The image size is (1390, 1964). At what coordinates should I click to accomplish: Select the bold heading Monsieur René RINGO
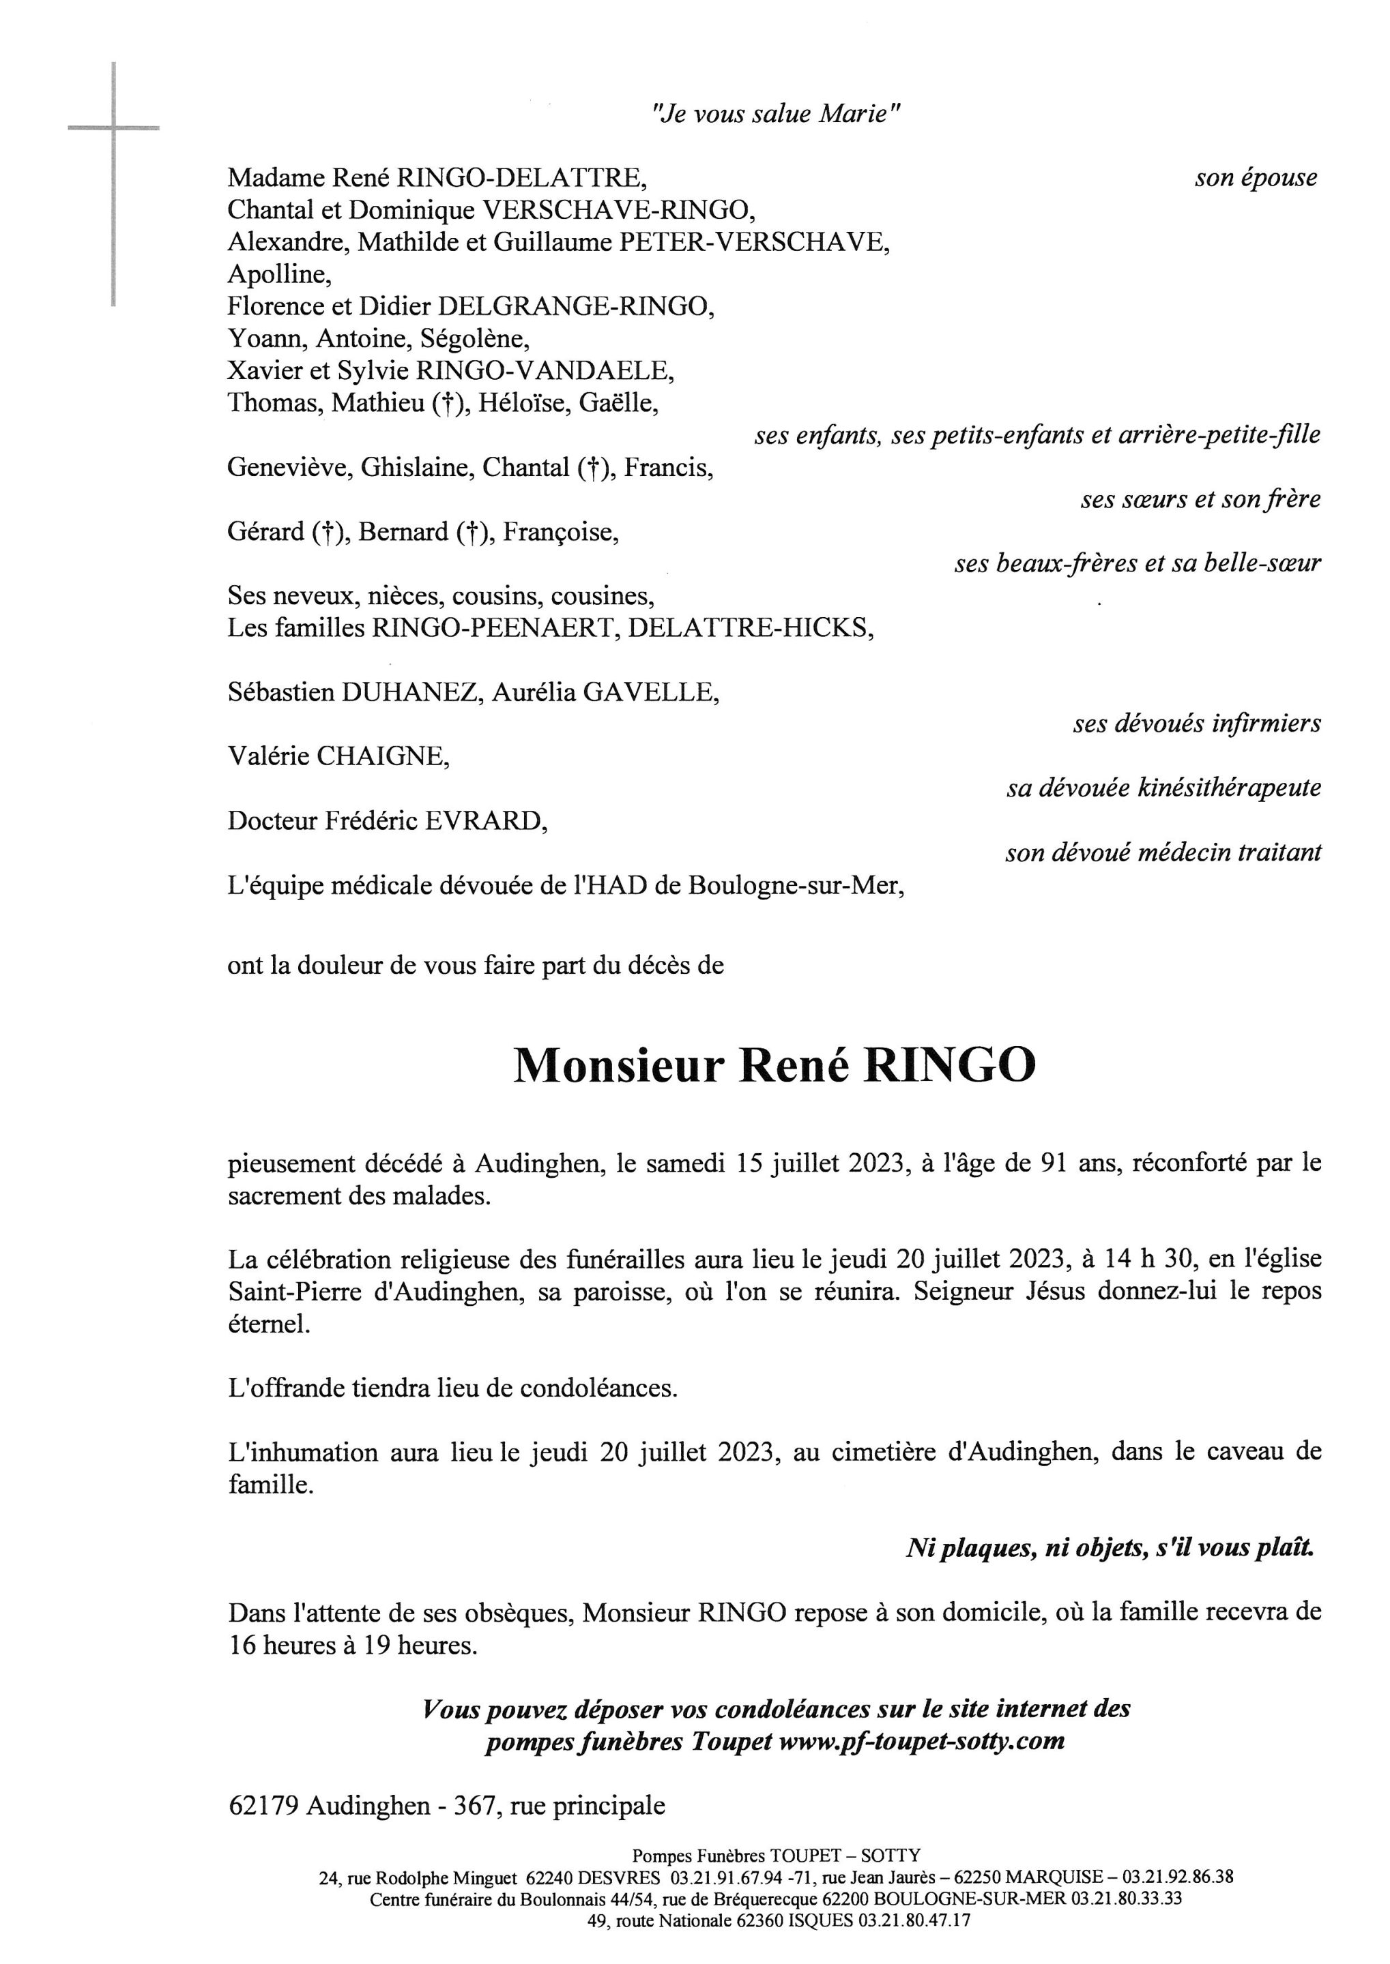click(x=774, y=1066)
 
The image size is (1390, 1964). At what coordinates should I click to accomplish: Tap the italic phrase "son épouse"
click(x=1256, y=178)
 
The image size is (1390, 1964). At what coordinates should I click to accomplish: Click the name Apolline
click(x=278, y=275)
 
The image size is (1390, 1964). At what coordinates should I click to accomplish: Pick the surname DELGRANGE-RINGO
click(x=575, y=306)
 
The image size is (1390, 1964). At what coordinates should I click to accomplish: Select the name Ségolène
click(x=474, y=339)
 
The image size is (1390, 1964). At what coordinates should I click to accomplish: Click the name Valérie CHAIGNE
click(x=338, y=756)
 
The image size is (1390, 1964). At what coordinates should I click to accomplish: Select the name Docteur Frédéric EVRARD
click(x=387, y=821)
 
